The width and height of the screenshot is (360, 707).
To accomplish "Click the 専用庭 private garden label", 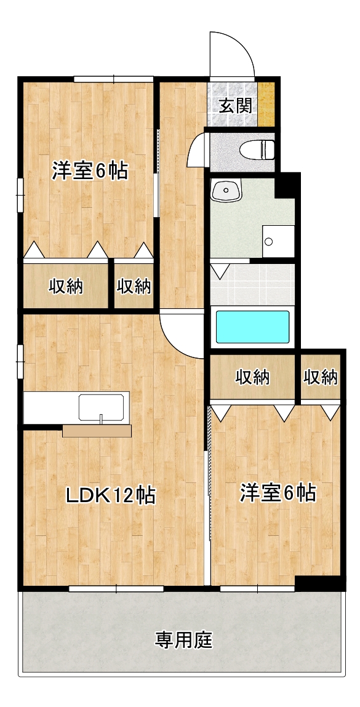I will tap(183, 641).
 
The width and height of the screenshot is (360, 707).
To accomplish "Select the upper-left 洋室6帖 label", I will tap(90, 170).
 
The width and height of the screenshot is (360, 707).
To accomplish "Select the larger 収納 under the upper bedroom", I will tap(66, 286).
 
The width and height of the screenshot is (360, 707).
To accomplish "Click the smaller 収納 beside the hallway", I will tap(134, 286).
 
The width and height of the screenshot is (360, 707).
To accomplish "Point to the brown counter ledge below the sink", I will tap(97, 431).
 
